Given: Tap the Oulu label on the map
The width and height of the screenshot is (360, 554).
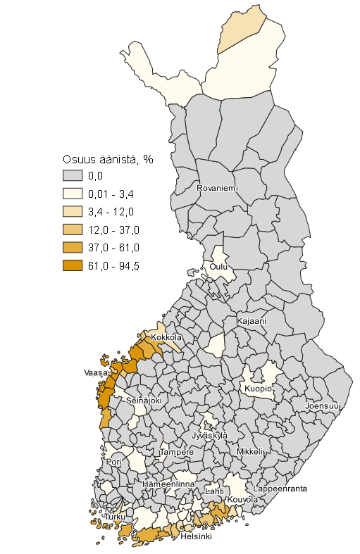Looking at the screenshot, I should (x=218, y=267).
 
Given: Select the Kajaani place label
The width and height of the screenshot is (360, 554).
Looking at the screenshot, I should (x=252, y=321).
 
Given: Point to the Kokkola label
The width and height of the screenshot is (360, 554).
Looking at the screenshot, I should (x=166, y=338).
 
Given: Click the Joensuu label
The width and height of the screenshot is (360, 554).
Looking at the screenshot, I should (x=322, y=407).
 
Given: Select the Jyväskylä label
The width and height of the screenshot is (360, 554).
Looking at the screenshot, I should (x=209, y=436).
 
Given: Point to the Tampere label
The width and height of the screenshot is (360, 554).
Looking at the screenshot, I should (x=176, y=452).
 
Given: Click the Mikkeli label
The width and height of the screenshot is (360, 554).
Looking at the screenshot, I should (x=250, y=451).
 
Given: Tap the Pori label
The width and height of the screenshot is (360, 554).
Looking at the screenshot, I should (x=114, y=462).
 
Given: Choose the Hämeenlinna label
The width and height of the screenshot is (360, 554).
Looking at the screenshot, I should (x=168, y=485).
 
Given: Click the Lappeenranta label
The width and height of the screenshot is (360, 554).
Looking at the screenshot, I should (x=280, y=488).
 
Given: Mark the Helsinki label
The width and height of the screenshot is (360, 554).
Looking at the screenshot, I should (x=197, y=536).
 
